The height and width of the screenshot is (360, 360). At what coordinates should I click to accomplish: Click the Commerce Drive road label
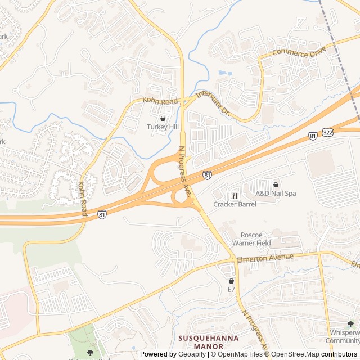[x=299, y=53]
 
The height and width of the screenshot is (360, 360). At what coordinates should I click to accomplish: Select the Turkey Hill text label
[x=163, y=127]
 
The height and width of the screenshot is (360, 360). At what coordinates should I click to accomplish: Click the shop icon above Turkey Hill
[x=163, y=119]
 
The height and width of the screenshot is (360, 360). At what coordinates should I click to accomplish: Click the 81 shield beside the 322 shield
[x=313, y=136]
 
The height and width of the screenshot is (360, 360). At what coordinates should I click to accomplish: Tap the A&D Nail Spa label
[x=276, y=193]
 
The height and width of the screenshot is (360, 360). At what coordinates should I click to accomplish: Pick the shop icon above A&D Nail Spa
[x=276, y=184]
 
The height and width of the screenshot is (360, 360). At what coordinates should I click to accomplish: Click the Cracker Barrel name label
[x=235, y=204]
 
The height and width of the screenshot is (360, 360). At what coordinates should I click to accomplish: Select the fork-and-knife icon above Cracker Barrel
[x=235, y=196]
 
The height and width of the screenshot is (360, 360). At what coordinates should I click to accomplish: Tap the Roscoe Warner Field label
[x=251, y=239]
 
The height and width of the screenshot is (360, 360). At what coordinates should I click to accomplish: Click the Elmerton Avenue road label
[x=266, y=257]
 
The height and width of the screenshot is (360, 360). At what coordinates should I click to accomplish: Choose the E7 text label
[x=231, y=289]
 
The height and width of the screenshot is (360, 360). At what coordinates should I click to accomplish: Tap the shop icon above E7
[x=231, y=281]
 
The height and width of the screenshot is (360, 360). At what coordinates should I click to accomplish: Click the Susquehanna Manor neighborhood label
[x=208, y=342]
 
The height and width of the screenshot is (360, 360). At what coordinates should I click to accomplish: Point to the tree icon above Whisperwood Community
[x=350, y=324]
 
